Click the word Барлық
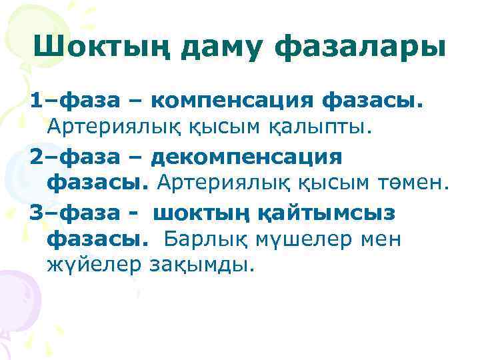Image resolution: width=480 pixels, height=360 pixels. click(205, 238)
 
